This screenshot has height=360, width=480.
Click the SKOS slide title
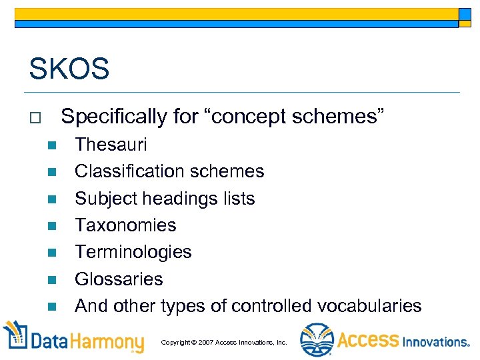69,69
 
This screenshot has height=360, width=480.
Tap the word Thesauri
111,145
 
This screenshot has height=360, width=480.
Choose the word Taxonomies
125,225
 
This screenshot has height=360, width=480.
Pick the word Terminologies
133,252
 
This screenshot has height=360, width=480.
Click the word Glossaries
119,279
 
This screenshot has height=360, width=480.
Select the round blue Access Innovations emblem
315,340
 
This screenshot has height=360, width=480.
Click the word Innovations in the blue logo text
436,341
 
